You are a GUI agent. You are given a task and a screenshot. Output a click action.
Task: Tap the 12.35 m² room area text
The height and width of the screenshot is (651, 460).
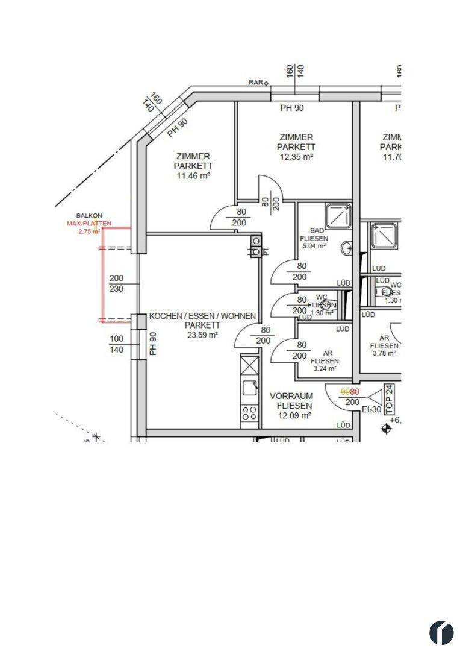click(x=296, y=157)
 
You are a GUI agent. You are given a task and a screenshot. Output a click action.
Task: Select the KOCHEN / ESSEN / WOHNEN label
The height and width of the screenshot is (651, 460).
click(x=202, y=316)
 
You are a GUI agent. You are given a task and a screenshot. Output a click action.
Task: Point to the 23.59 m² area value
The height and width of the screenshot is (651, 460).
click(x=202, y=335)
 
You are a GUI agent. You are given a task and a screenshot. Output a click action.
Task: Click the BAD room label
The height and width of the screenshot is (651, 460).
click(x=317, y=231)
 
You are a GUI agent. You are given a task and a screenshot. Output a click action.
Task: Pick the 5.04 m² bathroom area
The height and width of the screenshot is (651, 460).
click(x=313, y=246)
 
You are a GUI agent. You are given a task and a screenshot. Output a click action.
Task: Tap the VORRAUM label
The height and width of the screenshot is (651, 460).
click(x=291, y=396)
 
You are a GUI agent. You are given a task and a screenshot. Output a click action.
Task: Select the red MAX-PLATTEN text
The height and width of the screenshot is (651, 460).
click(x=89, y=223)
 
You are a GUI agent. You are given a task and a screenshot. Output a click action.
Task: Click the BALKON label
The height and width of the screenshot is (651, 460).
click(x=89, y=215)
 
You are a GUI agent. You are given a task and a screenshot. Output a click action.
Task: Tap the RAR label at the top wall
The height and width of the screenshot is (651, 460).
click(x=256, y=83)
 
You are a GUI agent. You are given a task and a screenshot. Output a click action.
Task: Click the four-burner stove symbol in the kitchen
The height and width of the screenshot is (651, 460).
click(x=249, y=413)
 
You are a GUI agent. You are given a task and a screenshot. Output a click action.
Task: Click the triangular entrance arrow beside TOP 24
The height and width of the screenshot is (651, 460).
click(x=375, y=397)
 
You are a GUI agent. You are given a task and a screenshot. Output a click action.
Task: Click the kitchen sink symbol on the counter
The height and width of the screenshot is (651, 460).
click(x=249, y=388)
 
